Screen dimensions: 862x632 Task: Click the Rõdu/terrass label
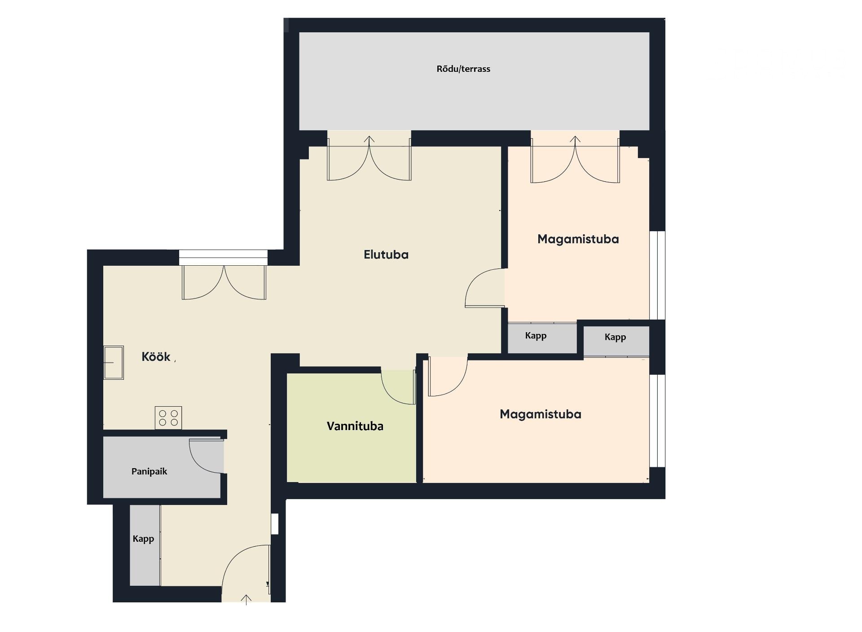463,69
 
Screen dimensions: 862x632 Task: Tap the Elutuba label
386,255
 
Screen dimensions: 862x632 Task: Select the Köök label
156,356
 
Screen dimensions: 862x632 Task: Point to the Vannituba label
355,426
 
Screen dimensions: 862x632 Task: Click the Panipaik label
149,471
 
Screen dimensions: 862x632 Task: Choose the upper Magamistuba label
578,239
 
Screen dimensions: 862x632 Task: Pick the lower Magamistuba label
541,414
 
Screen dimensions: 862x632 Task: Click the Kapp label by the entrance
143,539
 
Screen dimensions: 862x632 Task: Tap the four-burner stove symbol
168,418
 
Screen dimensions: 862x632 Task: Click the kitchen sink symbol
114,363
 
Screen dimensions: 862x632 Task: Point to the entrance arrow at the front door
246,600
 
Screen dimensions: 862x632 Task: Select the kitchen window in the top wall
223,258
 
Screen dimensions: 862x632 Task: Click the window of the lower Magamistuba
657,421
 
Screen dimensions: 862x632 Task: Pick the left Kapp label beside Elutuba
536,336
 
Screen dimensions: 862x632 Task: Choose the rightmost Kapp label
615,337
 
